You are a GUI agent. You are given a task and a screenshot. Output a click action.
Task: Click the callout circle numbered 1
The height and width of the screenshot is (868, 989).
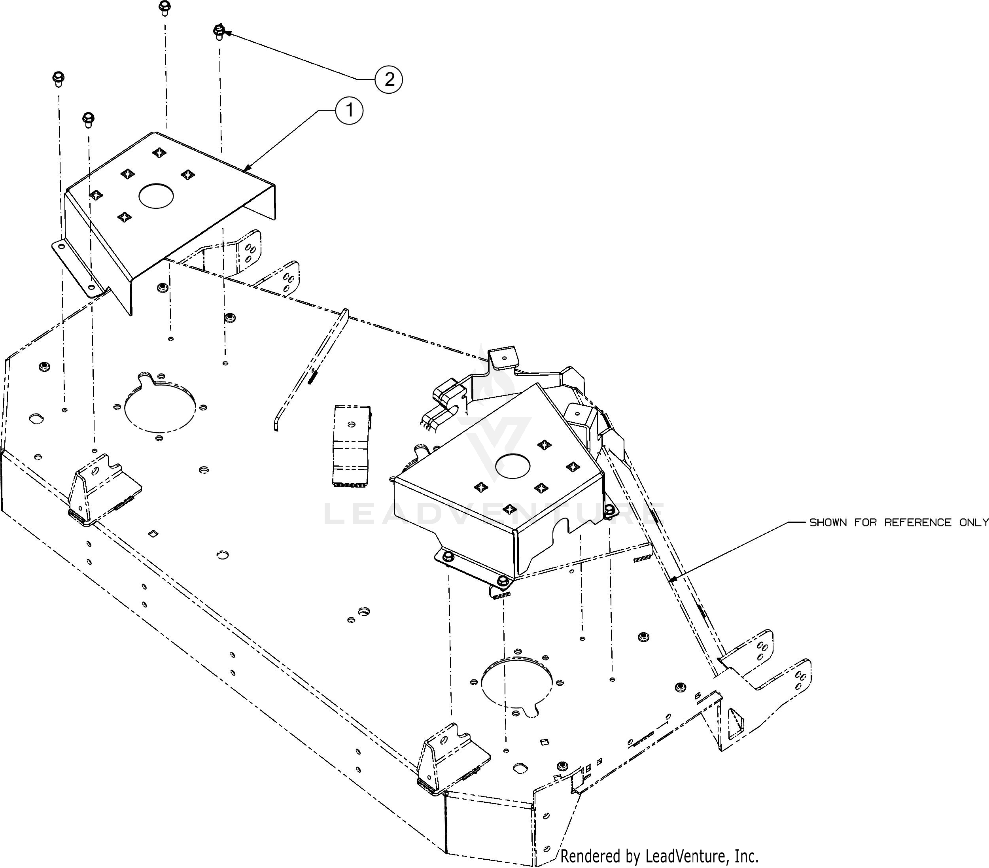coord(348,111)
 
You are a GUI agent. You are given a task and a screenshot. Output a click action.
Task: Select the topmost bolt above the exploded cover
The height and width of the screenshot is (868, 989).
coord(165,8)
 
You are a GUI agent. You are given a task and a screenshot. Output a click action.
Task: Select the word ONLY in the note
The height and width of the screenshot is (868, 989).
coord(974,522)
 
